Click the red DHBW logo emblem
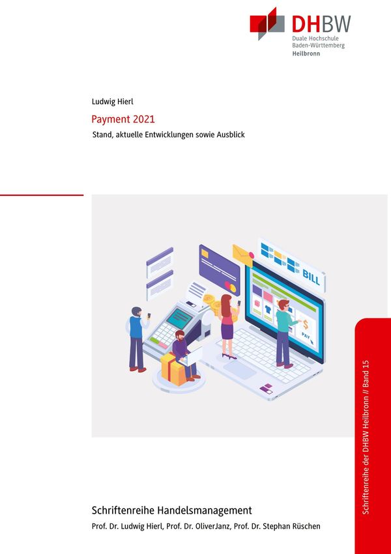pyautogui.click(x=267, y=24)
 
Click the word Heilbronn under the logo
pyautogui.click(x=306, y=54)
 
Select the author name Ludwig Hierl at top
pyautogui.click(x=113, y=102)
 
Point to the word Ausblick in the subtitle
pyautogui.click(x=229, y=135)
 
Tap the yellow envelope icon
pyautogui.click(x=242, y=255)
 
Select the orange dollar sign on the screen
pyautogui.click(x=306, y=324)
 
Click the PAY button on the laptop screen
pyautogui.click(x=306, y=337)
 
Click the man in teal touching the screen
pyautogui.click(x=283, y=332)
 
